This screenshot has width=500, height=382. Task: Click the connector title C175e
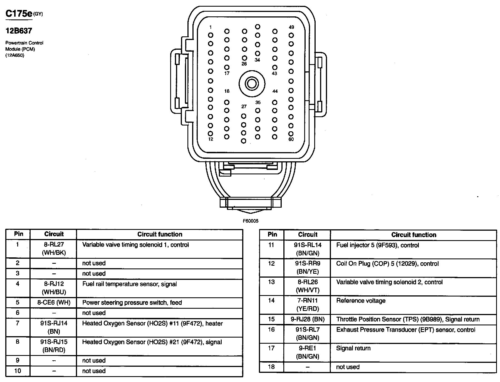(x=19, y=14)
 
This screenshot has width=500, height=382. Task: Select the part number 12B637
(x=19, y=31)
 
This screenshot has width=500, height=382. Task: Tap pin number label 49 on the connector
(x=291, y=27)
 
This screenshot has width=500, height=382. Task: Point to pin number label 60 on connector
(x=291, y=139)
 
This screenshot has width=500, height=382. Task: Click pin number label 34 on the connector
(x=257, y=60)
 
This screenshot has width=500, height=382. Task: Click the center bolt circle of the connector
(x=252, y=84)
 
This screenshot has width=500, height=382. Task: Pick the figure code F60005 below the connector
(x=250, y=221)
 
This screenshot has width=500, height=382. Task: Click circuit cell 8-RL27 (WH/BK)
(x=54, y=249)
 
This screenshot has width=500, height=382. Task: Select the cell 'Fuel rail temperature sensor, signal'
(x=130, y=284)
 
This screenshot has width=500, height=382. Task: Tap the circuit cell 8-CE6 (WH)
(x=54, y=302)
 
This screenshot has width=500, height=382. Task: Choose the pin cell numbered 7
(x=18, y=323)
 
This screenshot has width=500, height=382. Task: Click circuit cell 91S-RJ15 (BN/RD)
(x=54, y=346)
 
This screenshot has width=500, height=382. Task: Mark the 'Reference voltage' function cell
(x=361, y=301)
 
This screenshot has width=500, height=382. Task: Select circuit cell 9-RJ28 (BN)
(x=308, y=319)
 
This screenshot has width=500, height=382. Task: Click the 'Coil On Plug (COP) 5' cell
(x=387, y=264)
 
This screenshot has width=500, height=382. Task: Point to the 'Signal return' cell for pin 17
(x=353, y=348)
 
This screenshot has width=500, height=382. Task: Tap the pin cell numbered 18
(x=271, y=367)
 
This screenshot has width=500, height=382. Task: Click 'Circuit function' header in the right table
(x=414, y=235)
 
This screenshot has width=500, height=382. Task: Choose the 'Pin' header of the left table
(x=19, y=234)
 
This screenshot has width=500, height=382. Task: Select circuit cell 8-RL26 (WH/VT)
(x=308, y=286)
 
